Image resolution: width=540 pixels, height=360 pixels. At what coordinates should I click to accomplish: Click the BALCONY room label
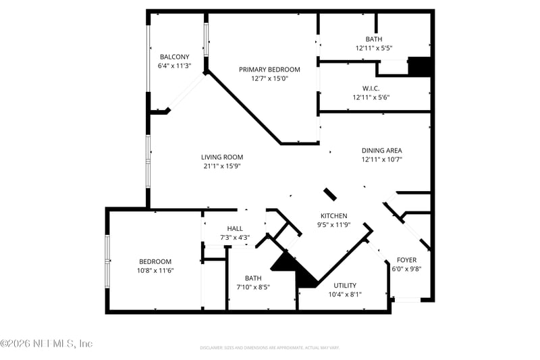(x=174, y=57)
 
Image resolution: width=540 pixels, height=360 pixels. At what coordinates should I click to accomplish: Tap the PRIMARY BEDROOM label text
(x=270, y=69)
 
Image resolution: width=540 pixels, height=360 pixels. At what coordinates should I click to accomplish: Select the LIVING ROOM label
(x=222, y=157)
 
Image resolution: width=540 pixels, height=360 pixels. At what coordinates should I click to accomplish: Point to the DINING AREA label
(x=381, y=151)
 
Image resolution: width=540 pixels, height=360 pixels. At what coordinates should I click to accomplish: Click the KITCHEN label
(x=333, y=216)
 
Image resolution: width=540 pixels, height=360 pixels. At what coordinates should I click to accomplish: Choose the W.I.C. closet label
(x=371, y=88)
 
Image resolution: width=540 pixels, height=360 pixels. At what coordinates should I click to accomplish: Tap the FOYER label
(x=406, y=260)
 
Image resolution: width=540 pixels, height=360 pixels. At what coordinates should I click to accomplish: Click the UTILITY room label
(x=345, y=285)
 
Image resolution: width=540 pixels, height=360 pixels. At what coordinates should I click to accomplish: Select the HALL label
(x=235, y=228)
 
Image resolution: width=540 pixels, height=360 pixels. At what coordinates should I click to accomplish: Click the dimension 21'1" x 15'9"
(x=222, y=166)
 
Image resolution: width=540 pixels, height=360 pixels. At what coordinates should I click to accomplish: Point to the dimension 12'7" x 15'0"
(x=270, y=78)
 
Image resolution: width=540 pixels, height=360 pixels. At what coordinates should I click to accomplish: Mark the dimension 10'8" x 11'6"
(x=155, y=271)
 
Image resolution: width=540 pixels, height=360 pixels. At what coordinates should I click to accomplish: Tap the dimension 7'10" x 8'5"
(x=253, y=287)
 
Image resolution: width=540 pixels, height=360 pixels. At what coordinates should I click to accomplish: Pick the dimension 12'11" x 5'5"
(x=374, y=49)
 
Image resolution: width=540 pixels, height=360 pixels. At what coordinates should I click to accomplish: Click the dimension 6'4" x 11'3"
(x=174, y=66)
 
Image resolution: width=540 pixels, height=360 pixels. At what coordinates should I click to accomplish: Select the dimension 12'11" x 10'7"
(x=381, y=160)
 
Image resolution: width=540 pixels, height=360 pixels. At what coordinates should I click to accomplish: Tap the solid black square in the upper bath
(x=420, y=66)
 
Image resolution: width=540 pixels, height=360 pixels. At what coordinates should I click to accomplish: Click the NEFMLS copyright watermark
(x=46, y=344)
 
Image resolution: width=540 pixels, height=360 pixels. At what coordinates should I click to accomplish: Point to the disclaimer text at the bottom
(x=269, y=348)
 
